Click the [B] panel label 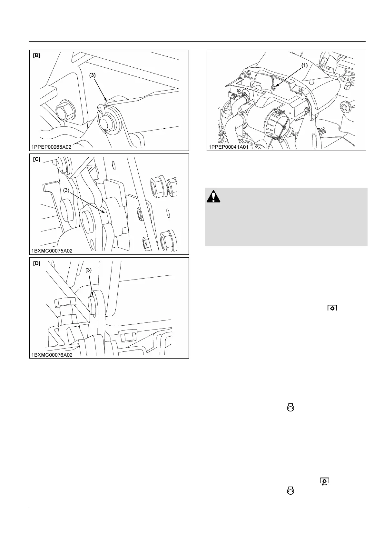pyautogui.click(x=37, y=55)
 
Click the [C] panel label pyautogui.click(x=37, y=159)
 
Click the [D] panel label pyautogui.click(x=37, y=263)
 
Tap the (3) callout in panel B pyautogui.click(x=92, y=75)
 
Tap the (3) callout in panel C pyautogui.click(x=66, y=191)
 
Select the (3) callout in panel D pyautogui.click(x=89, y=271)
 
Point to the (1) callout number pyautogui.click(x=304, y=65)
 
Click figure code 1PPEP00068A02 pyautogui.click(x=51, y=147)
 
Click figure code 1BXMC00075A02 pyautogui.click(x=52, y=251)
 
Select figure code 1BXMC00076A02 pyautogui.click(x=52, y=354)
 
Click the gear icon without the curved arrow pyautogui.click(x=332, y=308)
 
